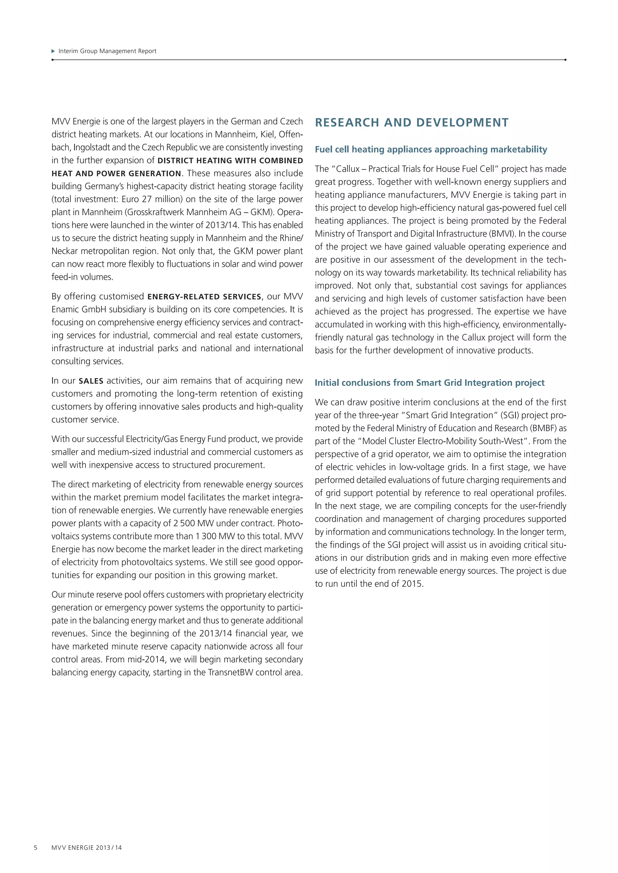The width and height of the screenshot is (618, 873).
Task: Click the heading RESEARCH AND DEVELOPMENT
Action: (x=412, y=122)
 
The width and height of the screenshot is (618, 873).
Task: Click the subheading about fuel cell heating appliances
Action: (x=431, y=150)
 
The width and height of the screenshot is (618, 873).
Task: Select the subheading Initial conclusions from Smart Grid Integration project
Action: (x=429, y=383)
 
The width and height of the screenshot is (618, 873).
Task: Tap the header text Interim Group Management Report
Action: (x=107, y=51)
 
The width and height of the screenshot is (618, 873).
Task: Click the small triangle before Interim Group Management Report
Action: (x=53, y=51)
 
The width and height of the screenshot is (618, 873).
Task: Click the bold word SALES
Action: (x=91, y=381)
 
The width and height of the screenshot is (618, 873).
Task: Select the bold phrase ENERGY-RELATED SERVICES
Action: (x=204, y=297)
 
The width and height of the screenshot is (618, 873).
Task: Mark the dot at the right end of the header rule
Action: (x=565, y=60)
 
